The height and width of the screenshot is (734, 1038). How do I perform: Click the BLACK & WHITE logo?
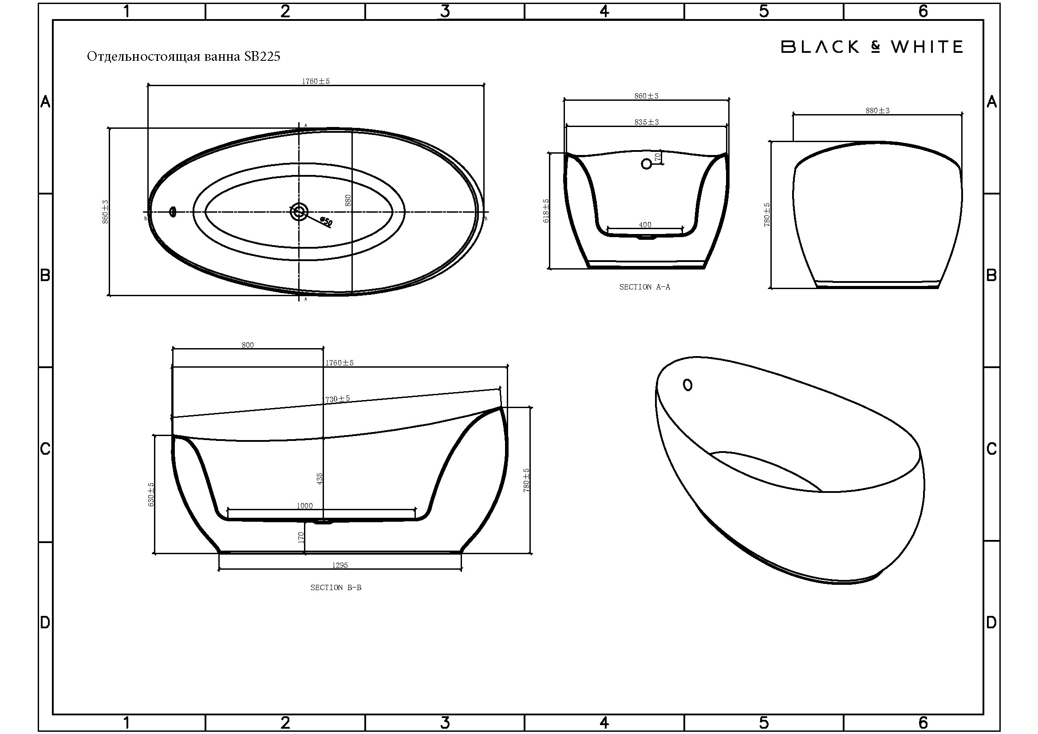pos(872,47)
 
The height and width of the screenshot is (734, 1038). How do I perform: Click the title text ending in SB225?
pos(184,56)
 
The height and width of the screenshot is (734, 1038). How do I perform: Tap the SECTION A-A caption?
pos(644,287)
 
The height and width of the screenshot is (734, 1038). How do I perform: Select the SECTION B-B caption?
pos(335,587)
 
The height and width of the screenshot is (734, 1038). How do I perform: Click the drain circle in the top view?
pos(299,211)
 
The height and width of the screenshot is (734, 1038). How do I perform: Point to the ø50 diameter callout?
pos(325,222)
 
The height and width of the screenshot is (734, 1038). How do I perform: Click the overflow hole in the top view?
pos(172,211)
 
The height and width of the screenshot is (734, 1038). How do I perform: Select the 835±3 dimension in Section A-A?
pos(647,122)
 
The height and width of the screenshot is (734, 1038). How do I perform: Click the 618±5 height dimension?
pos(546,211)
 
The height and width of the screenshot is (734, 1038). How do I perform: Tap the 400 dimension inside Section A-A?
pos(645,225)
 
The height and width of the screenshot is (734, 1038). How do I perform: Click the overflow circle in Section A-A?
pos(646,164)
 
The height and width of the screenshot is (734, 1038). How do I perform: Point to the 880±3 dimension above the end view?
pos(877,111)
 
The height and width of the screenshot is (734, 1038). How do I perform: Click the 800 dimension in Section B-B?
pos(248,345)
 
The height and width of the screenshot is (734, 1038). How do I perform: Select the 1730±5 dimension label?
pos(336,399)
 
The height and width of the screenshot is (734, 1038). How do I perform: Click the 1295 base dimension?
pos(340,565)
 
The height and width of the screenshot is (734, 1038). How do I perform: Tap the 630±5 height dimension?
pos(151,494)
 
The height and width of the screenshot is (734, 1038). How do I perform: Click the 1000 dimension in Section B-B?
pos(304,506)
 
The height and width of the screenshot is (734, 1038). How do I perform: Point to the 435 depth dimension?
pos(320,479)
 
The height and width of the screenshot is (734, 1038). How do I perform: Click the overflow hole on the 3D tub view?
pos(687,385)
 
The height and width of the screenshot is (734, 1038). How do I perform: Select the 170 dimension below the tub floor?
pos(300,537)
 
